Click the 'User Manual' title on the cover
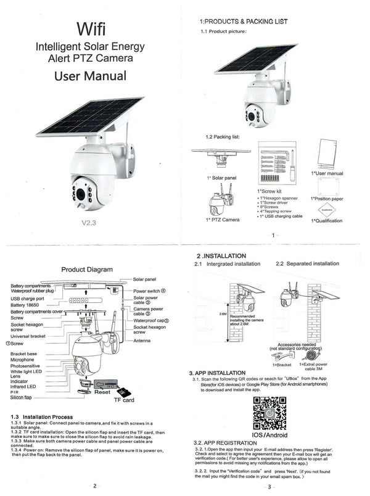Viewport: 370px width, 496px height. [91, 76]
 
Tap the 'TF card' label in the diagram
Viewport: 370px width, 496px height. [123, 400]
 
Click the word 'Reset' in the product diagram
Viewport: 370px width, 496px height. [102, 391]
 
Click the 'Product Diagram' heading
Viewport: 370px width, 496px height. [87, 270]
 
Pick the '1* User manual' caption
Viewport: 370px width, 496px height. [327, 173]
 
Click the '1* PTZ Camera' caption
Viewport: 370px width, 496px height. [221, 220]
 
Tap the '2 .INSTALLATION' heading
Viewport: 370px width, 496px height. [221, 255]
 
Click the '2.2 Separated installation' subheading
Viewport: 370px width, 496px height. [307, 263]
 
